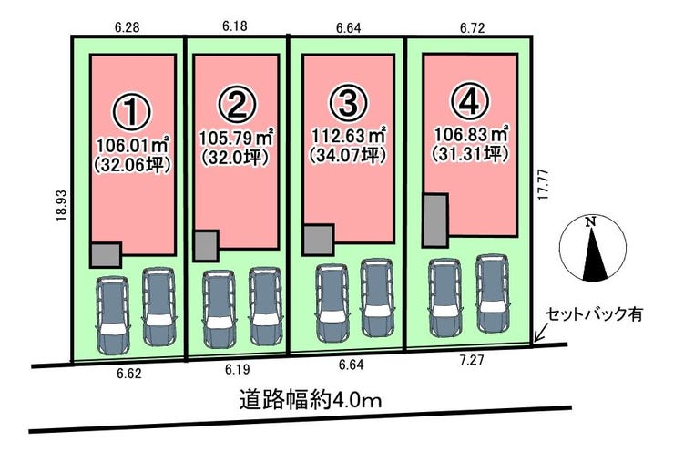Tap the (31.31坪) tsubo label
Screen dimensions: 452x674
point(470,155)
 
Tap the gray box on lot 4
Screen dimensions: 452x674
point(435,220)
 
